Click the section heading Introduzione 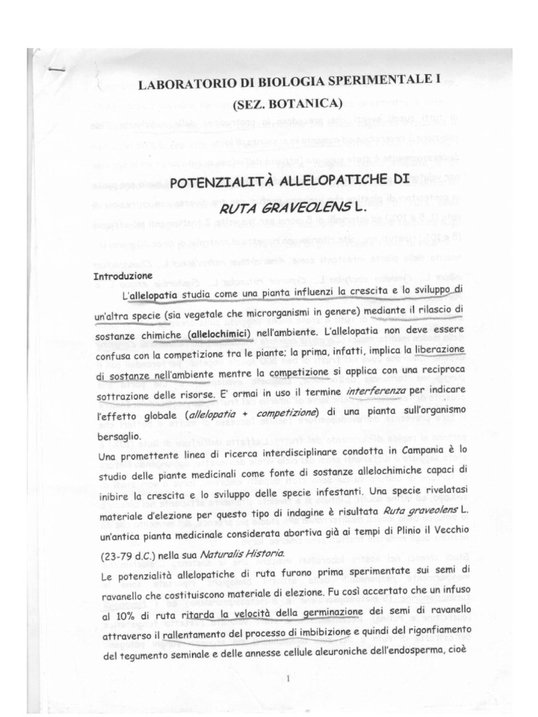(123, 277)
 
